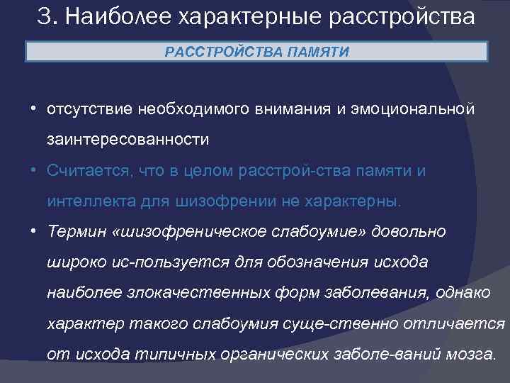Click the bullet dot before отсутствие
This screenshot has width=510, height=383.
tap(33, 110)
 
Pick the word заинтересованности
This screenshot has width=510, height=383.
tap(128, 140)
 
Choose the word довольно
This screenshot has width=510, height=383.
tap(410, 232)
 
